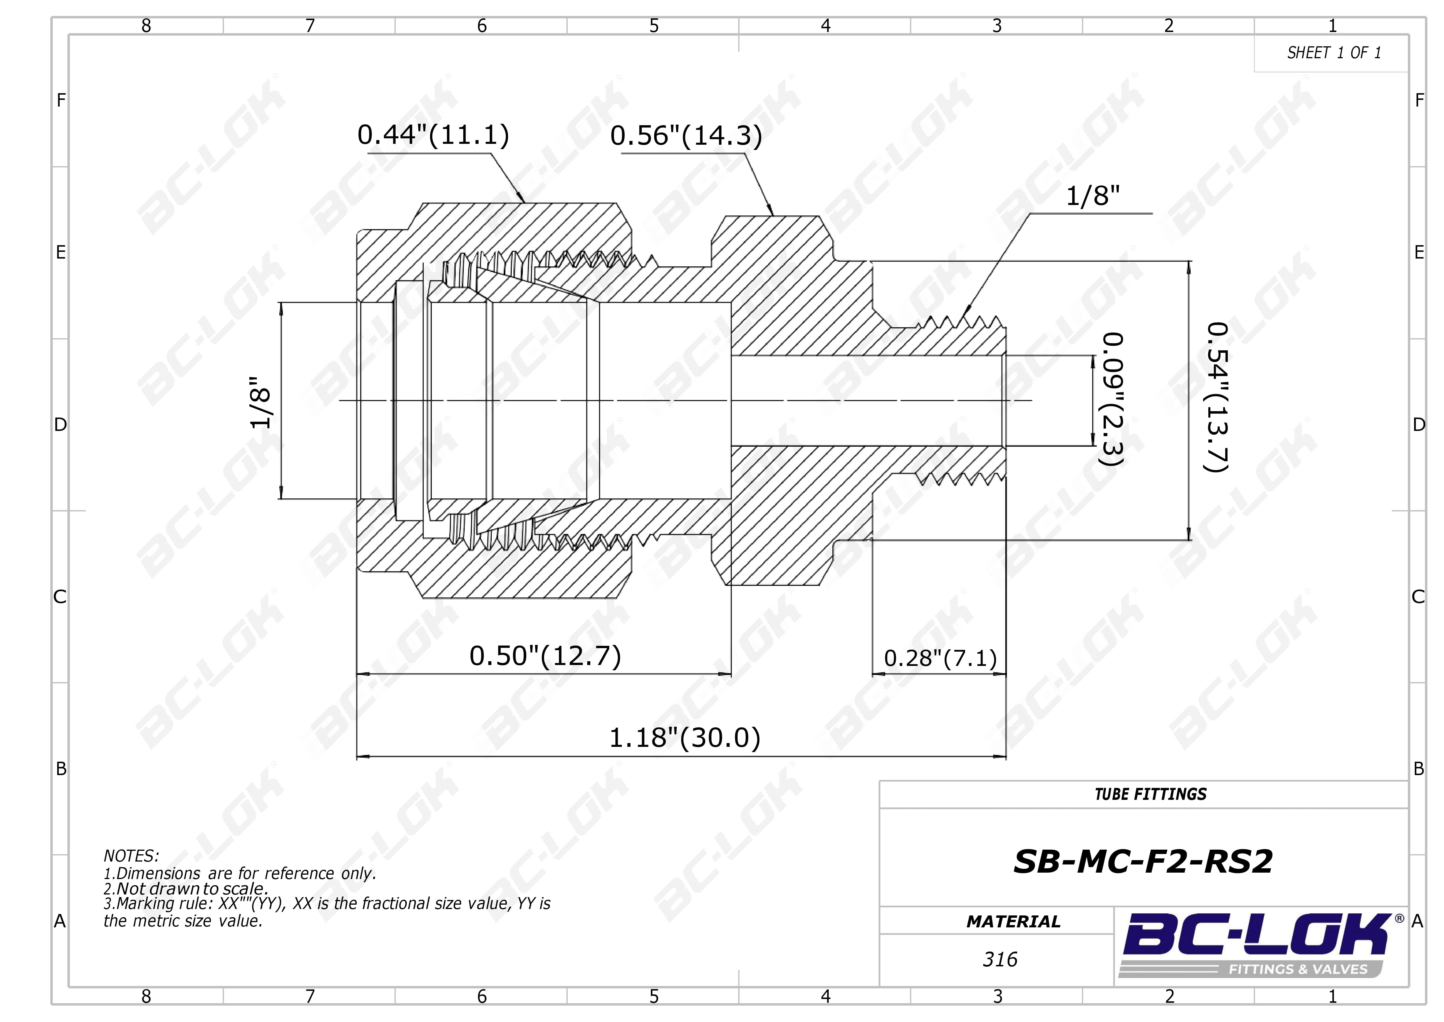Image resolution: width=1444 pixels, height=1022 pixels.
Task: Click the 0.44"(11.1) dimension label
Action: (433, 135)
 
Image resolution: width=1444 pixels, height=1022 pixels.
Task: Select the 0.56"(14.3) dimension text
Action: (686, 136)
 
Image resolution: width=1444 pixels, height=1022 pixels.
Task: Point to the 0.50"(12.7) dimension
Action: (545, 656)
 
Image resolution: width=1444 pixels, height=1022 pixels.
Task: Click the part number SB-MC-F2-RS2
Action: (1143, 862)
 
